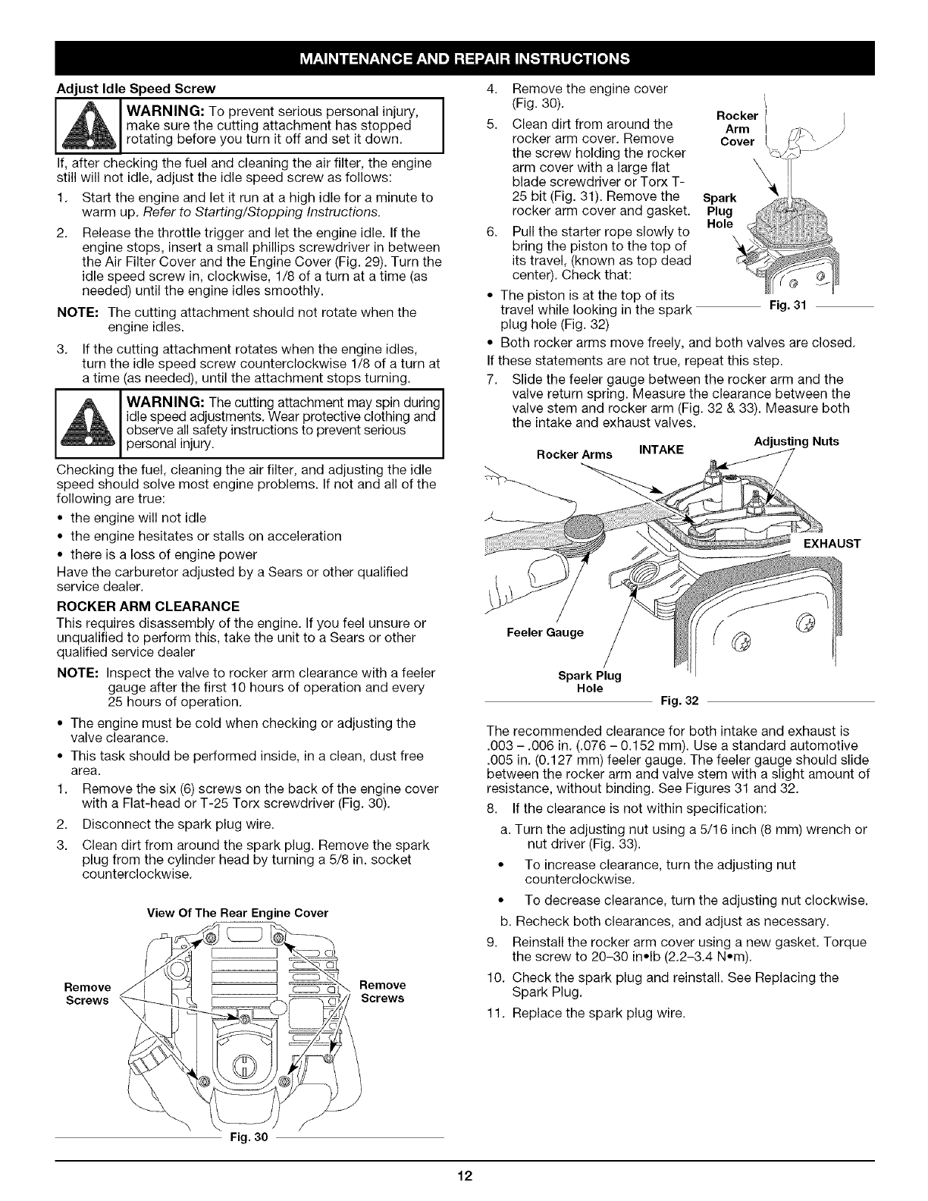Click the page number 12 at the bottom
[x=464, y=1176]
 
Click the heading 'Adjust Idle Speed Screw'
[x=136, y=87]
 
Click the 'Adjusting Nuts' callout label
[x=796, y=441]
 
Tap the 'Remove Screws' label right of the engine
[x=383, y=991]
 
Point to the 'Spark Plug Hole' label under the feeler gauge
[x=589, y=682]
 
